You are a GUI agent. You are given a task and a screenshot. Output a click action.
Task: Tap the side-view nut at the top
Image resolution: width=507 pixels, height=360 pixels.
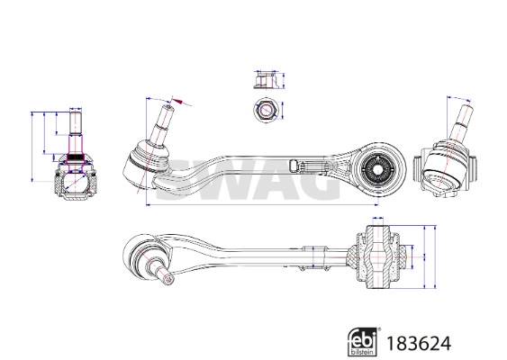(x=264, y=79)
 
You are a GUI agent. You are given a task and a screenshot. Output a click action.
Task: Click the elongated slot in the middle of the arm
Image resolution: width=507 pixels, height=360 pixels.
(x=296, y=163)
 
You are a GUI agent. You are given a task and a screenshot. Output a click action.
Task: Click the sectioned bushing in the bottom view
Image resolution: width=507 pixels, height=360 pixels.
(x=376, y=258)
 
